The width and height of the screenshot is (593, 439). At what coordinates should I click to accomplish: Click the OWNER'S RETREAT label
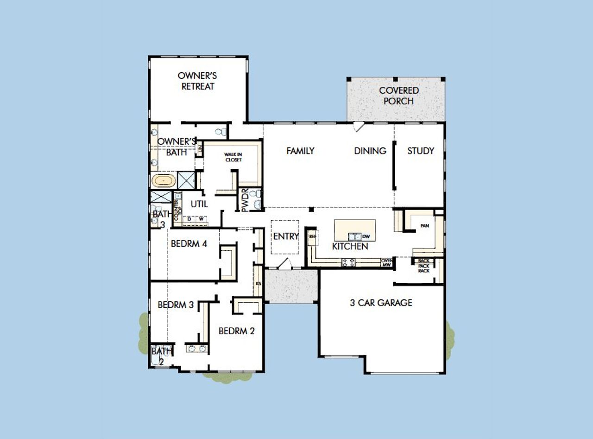pos(198,81)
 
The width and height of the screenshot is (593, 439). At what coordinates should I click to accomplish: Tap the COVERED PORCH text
pos(398,95)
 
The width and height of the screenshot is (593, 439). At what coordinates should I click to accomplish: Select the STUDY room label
pos(421,151)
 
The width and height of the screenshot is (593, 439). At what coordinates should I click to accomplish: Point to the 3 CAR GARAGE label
pos(381,303)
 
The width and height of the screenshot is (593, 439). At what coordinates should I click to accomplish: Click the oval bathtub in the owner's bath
pos(164,180)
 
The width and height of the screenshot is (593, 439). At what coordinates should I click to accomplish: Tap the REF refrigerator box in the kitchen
pos(312,236)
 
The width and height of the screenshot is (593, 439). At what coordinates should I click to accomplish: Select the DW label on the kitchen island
pos(366,236)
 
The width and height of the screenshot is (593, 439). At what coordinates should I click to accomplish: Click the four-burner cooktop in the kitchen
pos(348,263)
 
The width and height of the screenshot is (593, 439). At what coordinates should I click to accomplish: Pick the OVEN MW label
pos(386,263)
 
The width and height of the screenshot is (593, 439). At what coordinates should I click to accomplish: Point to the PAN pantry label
pos(424,226)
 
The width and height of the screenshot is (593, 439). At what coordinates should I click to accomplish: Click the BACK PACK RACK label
pos(424,266)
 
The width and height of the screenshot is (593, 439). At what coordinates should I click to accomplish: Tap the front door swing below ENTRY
pos(284,264)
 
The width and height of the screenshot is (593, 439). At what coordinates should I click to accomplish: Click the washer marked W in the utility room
pos(202,219)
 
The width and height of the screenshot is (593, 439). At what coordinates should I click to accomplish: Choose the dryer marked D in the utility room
pos(189,219)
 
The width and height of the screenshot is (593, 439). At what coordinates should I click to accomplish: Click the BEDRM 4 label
pos(189,243)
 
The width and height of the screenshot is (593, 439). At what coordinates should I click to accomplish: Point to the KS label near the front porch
pos(258,283)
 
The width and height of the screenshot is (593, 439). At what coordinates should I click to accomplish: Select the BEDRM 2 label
pos(236,331)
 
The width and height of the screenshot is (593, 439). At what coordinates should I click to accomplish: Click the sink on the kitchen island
pos(354,236)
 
